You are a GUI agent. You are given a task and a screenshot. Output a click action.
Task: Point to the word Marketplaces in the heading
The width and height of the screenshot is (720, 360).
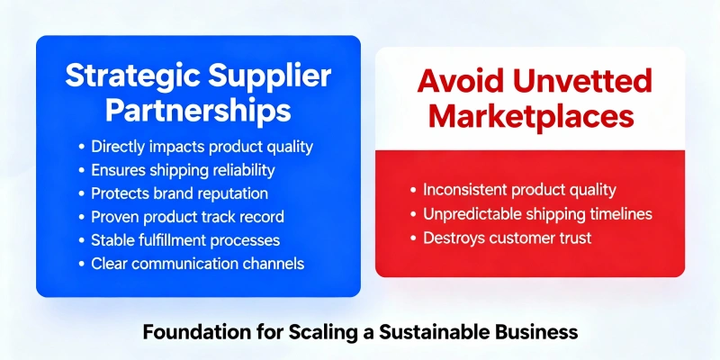(x=530, y=117)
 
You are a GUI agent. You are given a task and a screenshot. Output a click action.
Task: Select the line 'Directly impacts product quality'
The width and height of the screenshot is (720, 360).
(x=202, y=146)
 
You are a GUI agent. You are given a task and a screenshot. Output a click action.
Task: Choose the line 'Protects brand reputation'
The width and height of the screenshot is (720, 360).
(x=179, y=193)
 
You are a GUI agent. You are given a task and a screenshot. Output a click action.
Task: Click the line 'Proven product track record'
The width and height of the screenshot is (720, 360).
(x=186, y=217)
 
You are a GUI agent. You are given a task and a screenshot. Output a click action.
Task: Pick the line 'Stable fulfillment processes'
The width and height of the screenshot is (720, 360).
(x=185, y=240)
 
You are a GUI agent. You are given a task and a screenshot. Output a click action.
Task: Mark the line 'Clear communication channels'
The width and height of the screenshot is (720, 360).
(x=197, y=264)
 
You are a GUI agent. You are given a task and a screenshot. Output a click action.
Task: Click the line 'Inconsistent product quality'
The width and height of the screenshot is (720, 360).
(x=519, y=190)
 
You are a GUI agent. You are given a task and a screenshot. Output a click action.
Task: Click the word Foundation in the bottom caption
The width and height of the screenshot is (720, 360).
(x=190, y=332)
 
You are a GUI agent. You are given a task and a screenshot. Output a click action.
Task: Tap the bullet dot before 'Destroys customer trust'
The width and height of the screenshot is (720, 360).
(x=413, y=238)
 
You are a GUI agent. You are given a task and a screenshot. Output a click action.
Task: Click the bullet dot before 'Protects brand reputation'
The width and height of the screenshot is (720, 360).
(x=83, y=193)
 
